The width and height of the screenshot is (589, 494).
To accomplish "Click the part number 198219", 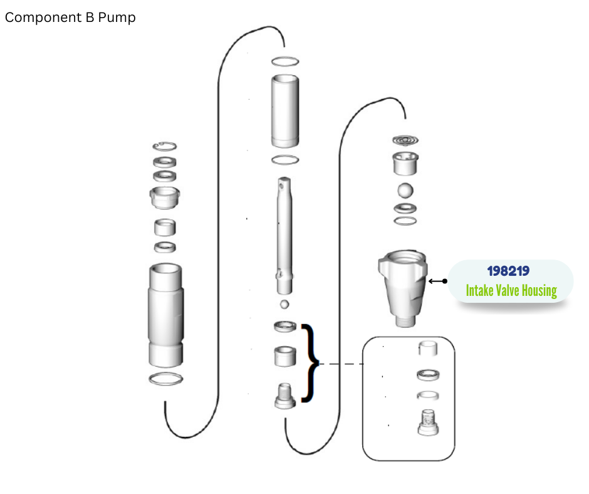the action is [x=508, y=271].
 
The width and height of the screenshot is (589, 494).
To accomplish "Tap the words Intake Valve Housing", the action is [x=511, y=291].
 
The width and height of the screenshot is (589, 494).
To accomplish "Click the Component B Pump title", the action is [x=70, y=18].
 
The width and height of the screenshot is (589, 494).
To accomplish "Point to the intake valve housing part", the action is [x=403, y=288].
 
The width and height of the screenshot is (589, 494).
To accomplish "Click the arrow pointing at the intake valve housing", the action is [x=437, y=281].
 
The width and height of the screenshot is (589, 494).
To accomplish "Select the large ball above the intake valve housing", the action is [x=405, y=190].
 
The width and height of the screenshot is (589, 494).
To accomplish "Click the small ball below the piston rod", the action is [x=284, y=304].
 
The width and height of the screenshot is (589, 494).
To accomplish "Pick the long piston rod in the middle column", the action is [x=284, y=236].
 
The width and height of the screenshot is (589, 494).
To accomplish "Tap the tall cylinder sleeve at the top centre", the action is [x=285, y=111].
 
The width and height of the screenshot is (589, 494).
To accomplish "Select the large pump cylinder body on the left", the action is [x=165, y=315].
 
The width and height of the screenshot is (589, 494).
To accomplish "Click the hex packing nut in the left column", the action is [x=165, y=197].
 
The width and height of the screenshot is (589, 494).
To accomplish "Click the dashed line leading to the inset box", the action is [x=341, y=364].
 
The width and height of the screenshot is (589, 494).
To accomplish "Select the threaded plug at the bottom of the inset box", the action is [x=428, y=423].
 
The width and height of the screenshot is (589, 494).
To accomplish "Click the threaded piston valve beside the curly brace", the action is [x=285, y=396].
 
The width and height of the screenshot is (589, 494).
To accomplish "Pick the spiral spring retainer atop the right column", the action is [x=405, y=140].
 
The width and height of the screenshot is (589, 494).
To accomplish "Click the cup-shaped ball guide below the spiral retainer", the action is [x=405, y=164].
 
